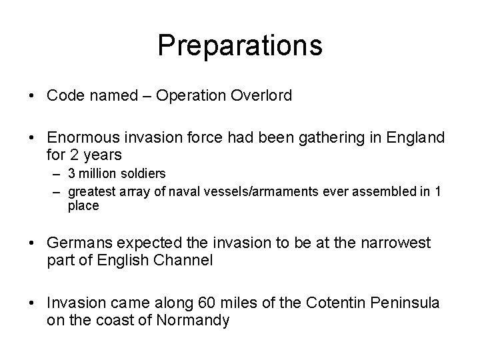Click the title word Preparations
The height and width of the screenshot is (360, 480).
tap(240, 45)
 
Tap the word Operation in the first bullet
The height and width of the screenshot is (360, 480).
tap(192, 96)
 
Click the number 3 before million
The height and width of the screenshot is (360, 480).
tap(72, 173)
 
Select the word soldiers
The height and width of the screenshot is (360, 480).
tap(143, 173)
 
